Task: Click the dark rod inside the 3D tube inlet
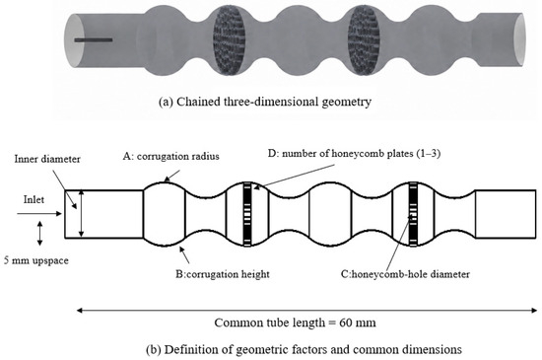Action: pos(94,40)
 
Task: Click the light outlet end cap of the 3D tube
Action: pos(519,39)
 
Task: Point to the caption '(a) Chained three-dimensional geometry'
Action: pos(265,102)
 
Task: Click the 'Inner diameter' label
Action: pos(47,159)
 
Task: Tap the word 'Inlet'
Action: pos(34,199)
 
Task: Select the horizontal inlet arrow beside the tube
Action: pos(39,214)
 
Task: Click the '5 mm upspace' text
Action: pos(36,260)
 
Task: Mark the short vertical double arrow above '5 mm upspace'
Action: pos(39,234)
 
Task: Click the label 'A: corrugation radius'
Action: pos(171,156)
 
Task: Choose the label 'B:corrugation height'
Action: pos(223,274)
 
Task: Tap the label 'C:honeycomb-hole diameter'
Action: pos(405,274)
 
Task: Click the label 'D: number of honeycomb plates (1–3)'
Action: pos(355,153)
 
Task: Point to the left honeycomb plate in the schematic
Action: pos(247,214)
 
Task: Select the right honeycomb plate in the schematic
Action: pos(413,214)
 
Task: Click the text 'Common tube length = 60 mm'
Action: pos(296,323)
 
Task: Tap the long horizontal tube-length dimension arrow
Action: pos(306,311)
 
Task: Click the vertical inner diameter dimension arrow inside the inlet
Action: pos(82,214)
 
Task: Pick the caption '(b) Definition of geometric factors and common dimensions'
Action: pos(305,349)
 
